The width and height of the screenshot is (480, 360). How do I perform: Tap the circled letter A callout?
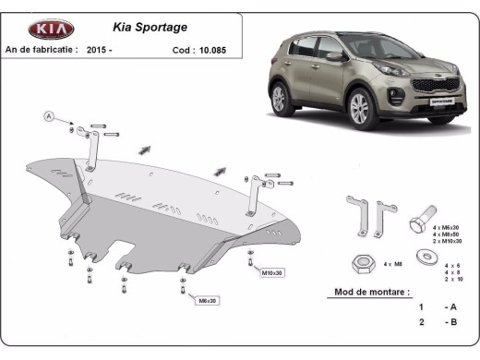[48, 115]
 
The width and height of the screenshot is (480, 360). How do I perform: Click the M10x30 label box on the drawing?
[273, 273]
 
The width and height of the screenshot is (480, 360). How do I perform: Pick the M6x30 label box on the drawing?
[208, 300]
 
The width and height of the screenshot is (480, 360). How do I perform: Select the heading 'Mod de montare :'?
[367, 292]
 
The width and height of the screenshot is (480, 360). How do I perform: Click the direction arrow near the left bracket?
[145, 149]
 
